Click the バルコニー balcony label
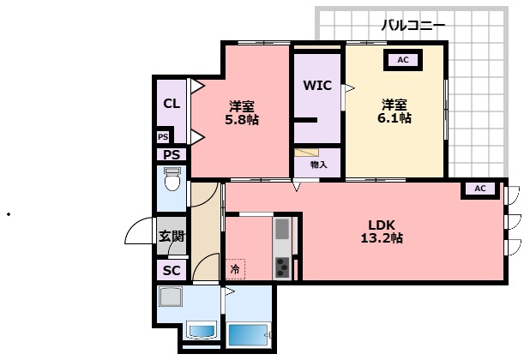(413, 26)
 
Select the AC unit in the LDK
(479, 189)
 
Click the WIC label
(316, 86)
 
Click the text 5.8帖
(241, 120)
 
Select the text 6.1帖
(394, 118)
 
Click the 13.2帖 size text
(382, 239)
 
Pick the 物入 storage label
(317, 164)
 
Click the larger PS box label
(172, 155)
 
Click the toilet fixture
(172, 182)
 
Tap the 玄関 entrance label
(171, 237)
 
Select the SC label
(172, 271)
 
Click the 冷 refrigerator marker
(235, 269)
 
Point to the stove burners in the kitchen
(282, 267)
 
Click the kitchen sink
(282, 230)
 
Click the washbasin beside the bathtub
(202, 332)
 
